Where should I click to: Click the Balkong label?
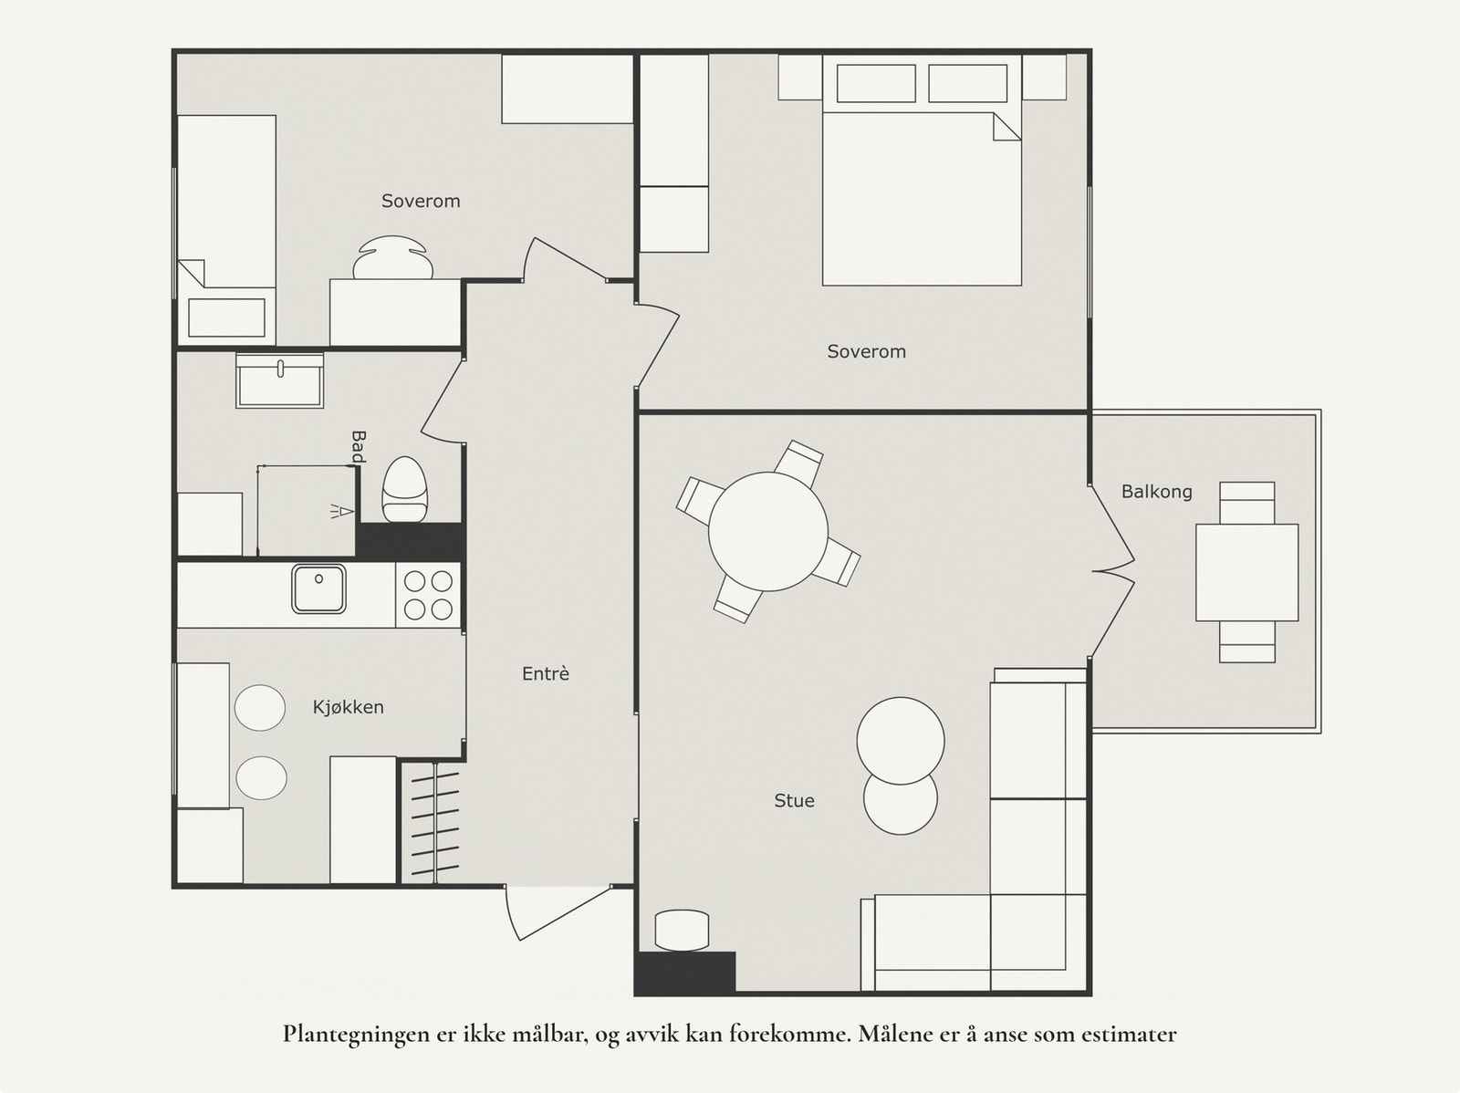(x=1157, y=492)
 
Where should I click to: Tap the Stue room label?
(x=794, y=800)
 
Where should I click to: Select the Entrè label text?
(x=546, y=673)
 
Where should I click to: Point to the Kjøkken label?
(x=349, y=707)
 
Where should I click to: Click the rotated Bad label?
(x=359, y=447)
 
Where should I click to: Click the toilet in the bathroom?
(x=403, y=489)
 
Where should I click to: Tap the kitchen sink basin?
(x=318, y=588)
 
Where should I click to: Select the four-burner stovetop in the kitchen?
(x=428, y=595)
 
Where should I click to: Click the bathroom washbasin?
(x=279, y=380)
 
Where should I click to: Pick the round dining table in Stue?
(x=768, y=531)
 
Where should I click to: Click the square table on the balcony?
(x=1247, y=572)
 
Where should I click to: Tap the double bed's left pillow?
(x=876, y=83)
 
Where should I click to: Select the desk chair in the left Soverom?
(x=392, y=257)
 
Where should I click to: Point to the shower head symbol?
(x=342, y=511)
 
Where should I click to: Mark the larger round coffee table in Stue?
(x=901, y=741)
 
